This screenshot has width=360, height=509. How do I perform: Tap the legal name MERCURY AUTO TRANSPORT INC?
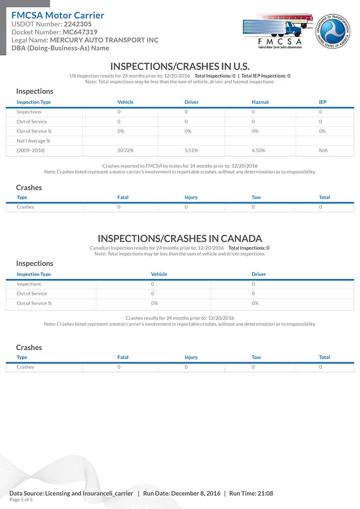click(x=104, y=40)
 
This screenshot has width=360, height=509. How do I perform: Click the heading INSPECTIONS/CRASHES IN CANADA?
click(x=180, y=238)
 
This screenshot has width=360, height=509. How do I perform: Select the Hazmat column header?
click(x=260, y=102)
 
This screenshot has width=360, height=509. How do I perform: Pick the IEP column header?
click(x=322, y=102)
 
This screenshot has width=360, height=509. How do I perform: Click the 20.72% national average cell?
click(x=125, y=151)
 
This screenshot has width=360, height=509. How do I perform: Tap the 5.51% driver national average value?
click(x=191, y=151)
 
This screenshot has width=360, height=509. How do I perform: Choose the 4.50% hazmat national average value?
click(x=259, y=151)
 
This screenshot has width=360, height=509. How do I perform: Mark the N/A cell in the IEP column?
click(x=323, y=151)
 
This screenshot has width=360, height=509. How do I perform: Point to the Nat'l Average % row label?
click(x=30, y=141)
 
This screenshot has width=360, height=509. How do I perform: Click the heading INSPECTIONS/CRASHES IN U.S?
click(x=180, y=66)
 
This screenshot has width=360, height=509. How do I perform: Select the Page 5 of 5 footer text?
click(x=21, y=500)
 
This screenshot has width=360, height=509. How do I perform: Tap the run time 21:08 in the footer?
click(x=265, y=493)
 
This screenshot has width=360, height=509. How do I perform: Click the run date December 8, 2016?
click(x=196, y=493)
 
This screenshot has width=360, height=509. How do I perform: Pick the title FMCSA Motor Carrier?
click(x=58, y=15)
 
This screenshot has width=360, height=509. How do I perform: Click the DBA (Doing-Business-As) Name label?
click(x=60, y=48)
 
